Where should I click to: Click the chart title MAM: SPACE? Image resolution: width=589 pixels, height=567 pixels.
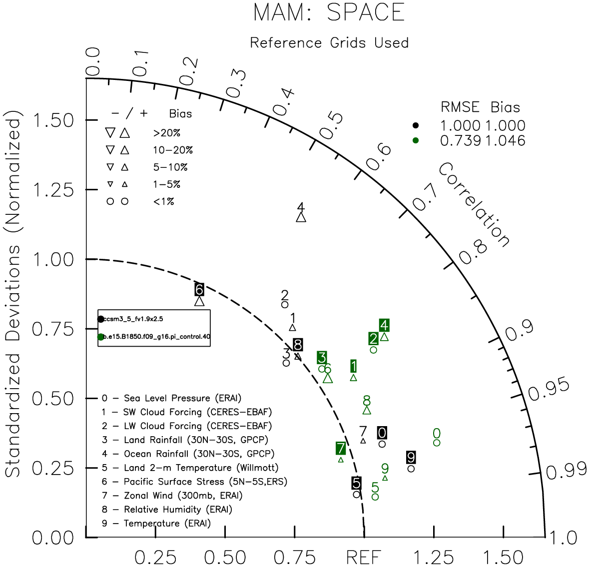tap(329, 12)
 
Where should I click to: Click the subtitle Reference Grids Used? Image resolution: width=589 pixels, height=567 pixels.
tap(329, 43)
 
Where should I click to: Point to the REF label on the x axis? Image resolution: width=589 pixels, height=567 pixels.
tap(364, 557)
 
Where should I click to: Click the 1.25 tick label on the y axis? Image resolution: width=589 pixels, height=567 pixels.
tap(52, 190)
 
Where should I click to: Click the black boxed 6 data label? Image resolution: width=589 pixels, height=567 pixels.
tap(199, 289)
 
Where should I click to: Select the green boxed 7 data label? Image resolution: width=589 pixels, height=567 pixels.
tap(341, 448)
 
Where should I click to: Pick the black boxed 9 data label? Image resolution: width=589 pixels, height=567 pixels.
tap(411, 457)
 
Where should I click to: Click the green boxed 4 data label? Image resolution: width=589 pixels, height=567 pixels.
tap(384, 325)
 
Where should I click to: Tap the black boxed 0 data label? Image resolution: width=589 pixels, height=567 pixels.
tap(382, 433)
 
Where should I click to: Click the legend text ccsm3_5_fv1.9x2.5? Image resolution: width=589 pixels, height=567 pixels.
tap(133, 319)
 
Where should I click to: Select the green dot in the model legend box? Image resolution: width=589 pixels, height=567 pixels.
tap(101, 337)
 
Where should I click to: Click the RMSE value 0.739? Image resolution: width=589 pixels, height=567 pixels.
tap(460, 141)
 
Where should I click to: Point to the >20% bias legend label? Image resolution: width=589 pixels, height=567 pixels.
tap(166, 133)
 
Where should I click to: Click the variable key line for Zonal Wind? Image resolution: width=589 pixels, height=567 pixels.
tap(172, 496)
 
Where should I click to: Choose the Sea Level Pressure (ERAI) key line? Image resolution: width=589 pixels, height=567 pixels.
tap(171, 398)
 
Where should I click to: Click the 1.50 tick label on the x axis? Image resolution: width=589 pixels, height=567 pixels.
tap(504, 557)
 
